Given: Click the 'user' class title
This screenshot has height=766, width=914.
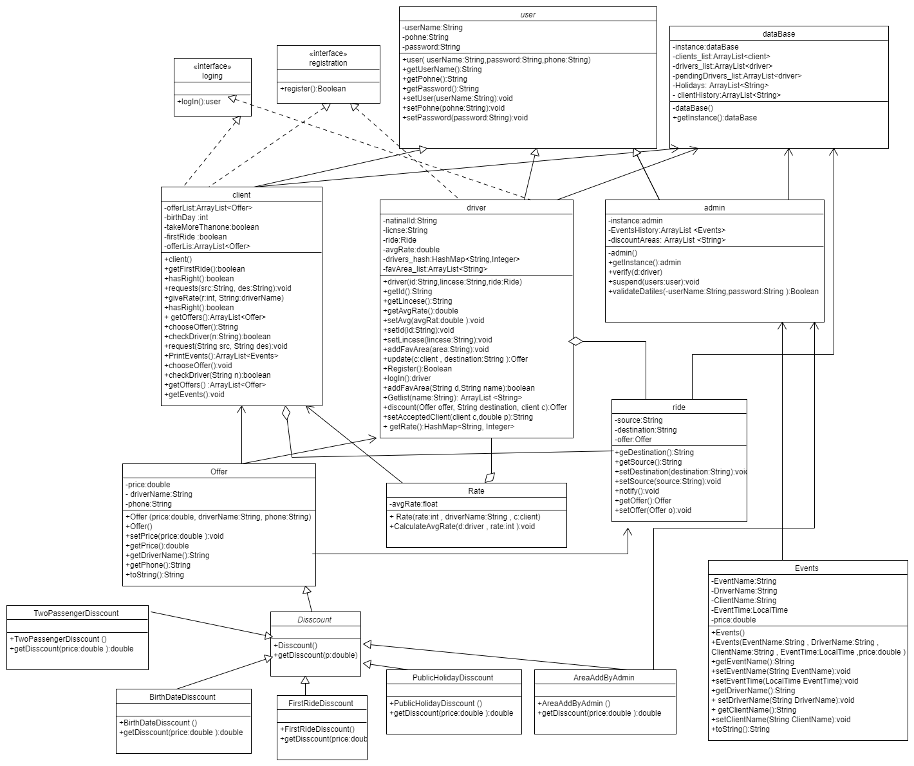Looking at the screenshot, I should point(527,14).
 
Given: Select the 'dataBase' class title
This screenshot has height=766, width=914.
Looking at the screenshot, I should point(778,33).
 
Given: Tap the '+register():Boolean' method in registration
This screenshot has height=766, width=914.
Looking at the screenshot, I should point(313,89).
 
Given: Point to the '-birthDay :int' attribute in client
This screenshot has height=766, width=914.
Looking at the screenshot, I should point(186,218).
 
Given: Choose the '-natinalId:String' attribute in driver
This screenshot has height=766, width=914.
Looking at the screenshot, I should point(410,221).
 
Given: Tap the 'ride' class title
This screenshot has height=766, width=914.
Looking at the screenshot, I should point(678,407).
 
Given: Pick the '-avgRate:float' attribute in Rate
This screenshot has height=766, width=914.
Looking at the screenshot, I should point(413,504).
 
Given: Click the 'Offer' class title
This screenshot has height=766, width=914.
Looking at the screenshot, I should point(219,471).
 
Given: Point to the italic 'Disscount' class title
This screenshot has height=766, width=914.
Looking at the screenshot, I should point(315,619).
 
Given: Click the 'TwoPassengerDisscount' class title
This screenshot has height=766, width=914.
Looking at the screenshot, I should point(77,613).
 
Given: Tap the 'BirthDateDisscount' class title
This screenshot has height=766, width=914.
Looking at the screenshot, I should point(183,696).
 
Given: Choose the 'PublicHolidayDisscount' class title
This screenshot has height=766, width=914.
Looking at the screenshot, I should point(453,677).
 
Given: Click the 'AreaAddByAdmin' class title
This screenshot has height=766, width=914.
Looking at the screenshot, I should point(604,677).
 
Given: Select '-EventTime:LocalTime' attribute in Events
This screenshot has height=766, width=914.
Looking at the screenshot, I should point(749,610).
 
